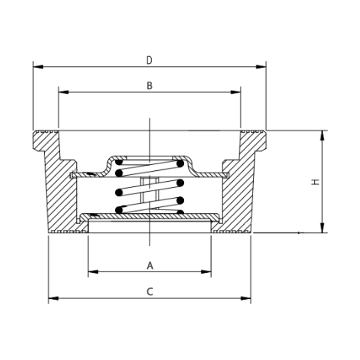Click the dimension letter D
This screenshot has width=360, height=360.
click(x=149, y=60)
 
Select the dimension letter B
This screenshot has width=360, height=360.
click(x=149, y=85)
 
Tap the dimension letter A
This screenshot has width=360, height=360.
click(x=149, y=265)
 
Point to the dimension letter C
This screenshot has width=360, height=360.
click(x=149, y=291)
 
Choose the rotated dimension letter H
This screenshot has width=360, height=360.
click(x=315, y=182)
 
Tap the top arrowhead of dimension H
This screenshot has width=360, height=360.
click(x=322, y=135)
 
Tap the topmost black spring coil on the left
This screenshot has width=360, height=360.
click(x=119, y=163)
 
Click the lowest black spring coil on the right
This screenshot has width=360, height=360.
click(x=180, y=211)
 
